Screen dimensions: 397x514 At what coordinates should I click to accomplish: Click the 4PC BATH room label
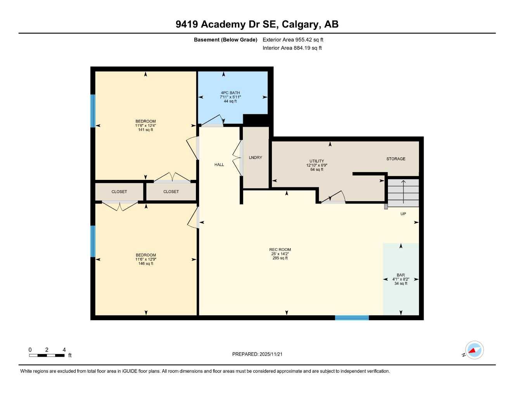[230, 93]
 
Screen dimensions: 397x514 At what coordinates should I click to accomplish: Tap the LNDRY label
[255, 158]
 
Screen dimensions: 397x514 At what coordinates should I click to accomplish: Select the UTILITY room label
[317, 161]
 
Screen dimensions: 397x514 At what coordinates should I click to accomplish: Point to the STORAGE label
[396, 159]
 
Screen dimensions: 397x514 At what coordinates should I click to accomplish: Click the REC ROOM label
[280, 250]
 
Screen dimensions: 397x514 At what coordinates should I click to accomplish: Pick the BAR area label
[401, 275]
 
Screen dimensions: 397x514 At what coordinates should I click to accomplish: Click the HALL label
[219, 165]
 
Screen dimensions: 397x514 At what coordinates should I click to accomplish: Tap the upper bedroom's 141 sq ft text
[145, 130]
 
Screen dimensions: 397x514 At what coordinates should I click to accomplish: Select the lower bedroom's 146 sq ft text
[145, 264]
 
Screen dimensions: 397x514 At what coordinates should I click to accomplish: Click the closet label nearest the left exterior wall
[119, 192]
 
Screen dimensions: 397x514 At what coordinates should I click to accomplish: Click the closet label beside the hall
[171, 192]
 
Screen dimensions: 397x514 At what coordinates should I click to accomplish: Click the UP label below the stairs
[403, 214]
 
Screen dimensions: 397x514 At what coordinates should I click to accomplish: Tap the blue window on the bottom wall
[352, 318]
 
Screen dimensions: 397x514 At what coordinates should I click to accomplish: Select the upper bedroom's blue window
[93, 111]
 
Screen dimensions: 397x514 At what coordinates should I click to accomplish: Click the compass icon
[474, 350]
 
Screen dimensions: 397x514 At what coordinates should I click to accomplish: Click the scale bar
[47, 355]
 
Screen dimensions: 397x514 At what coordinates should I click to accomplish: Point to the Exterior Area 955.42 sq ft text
[293, 40]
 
